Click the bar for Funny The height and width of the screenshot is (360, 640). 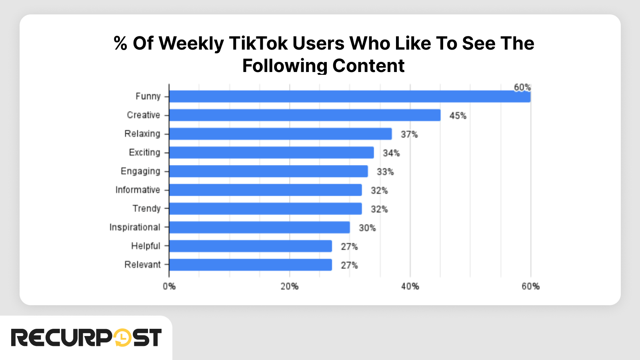[350, 96]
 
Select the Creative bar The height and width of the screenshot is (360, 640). [304, 115]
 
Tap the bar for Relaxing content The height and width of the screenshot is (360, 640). [280, 134]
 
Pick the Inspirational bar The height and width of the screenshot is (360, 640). [259, 227]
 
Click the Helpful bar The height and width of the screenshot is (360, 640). [250, 246]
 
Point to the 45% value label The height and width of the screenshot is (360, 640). [458, 116]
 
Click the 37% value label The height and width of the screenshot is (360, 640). [409, 134]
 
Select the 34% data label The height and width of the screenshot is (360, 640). [391, 153]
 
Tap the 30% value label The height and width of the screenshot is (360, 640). [367, 228]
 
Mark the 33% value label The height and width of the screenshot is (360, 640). [385, 172]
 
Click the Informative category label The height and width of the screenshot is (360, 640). [138, 190]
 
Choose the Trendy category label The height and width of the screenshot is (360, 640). [146, 208]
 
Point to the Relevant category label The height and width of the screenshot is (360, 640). [142, 264]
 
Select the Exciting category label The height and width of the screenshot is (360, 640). [144, 152]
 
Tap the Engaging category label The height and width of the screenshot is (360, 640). [140, 171]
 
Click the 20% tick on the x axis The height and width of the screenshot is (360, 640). [289, 286]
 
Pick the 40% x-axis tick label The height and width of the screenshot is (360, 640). [410, 286]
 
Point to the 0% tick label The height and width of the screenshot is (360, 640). [169, 286]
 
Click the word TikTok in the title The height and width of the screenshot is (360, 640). [258, 43]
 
